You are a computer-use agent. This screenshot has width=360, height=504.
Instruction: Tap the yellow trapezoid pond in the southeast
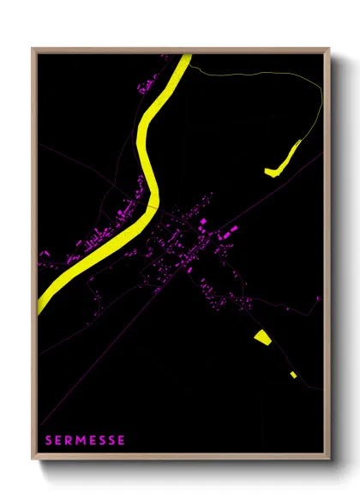pyautogui.click(x=262, y=337)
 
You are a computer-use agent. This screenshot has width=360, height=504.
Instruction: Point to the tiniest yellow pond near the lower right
pyautogui.click(x=293, y=374)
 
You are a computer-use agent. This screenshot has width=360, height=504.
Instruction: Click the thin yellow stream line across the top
pyautogui.click(x=257, y=75)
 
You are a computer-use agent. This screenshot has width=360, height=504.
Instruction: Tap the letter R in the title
pyautogui.click(x=69, y=441)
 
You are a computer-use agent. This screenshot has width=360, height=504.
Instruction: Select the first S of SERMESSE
pyautogui.click(x=49, y=441)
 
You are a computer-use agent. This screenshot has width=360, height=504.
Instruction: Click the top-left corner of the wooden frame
pyautogui.click(x=33, y=49)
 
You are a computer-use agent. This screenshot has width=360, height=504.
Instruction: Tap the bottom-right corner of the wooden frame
pyautogui.click(x=330, y=460)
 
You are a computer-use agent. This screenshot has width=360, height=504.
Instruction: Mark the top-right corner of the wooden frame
pyautogui.click(x=330, y=49)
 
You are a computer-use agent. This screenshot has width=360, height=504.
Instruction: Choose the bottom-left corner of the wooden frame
pyautogui.click(x=33, y=460)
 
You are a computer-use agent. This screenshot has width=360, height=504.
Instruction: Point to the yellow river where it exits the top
pyautogui.click(x=185, y=57)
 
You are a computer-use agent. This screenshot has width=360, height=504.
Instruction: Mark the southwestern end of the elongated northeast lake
pyautogui.click(x=269, y=172)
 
